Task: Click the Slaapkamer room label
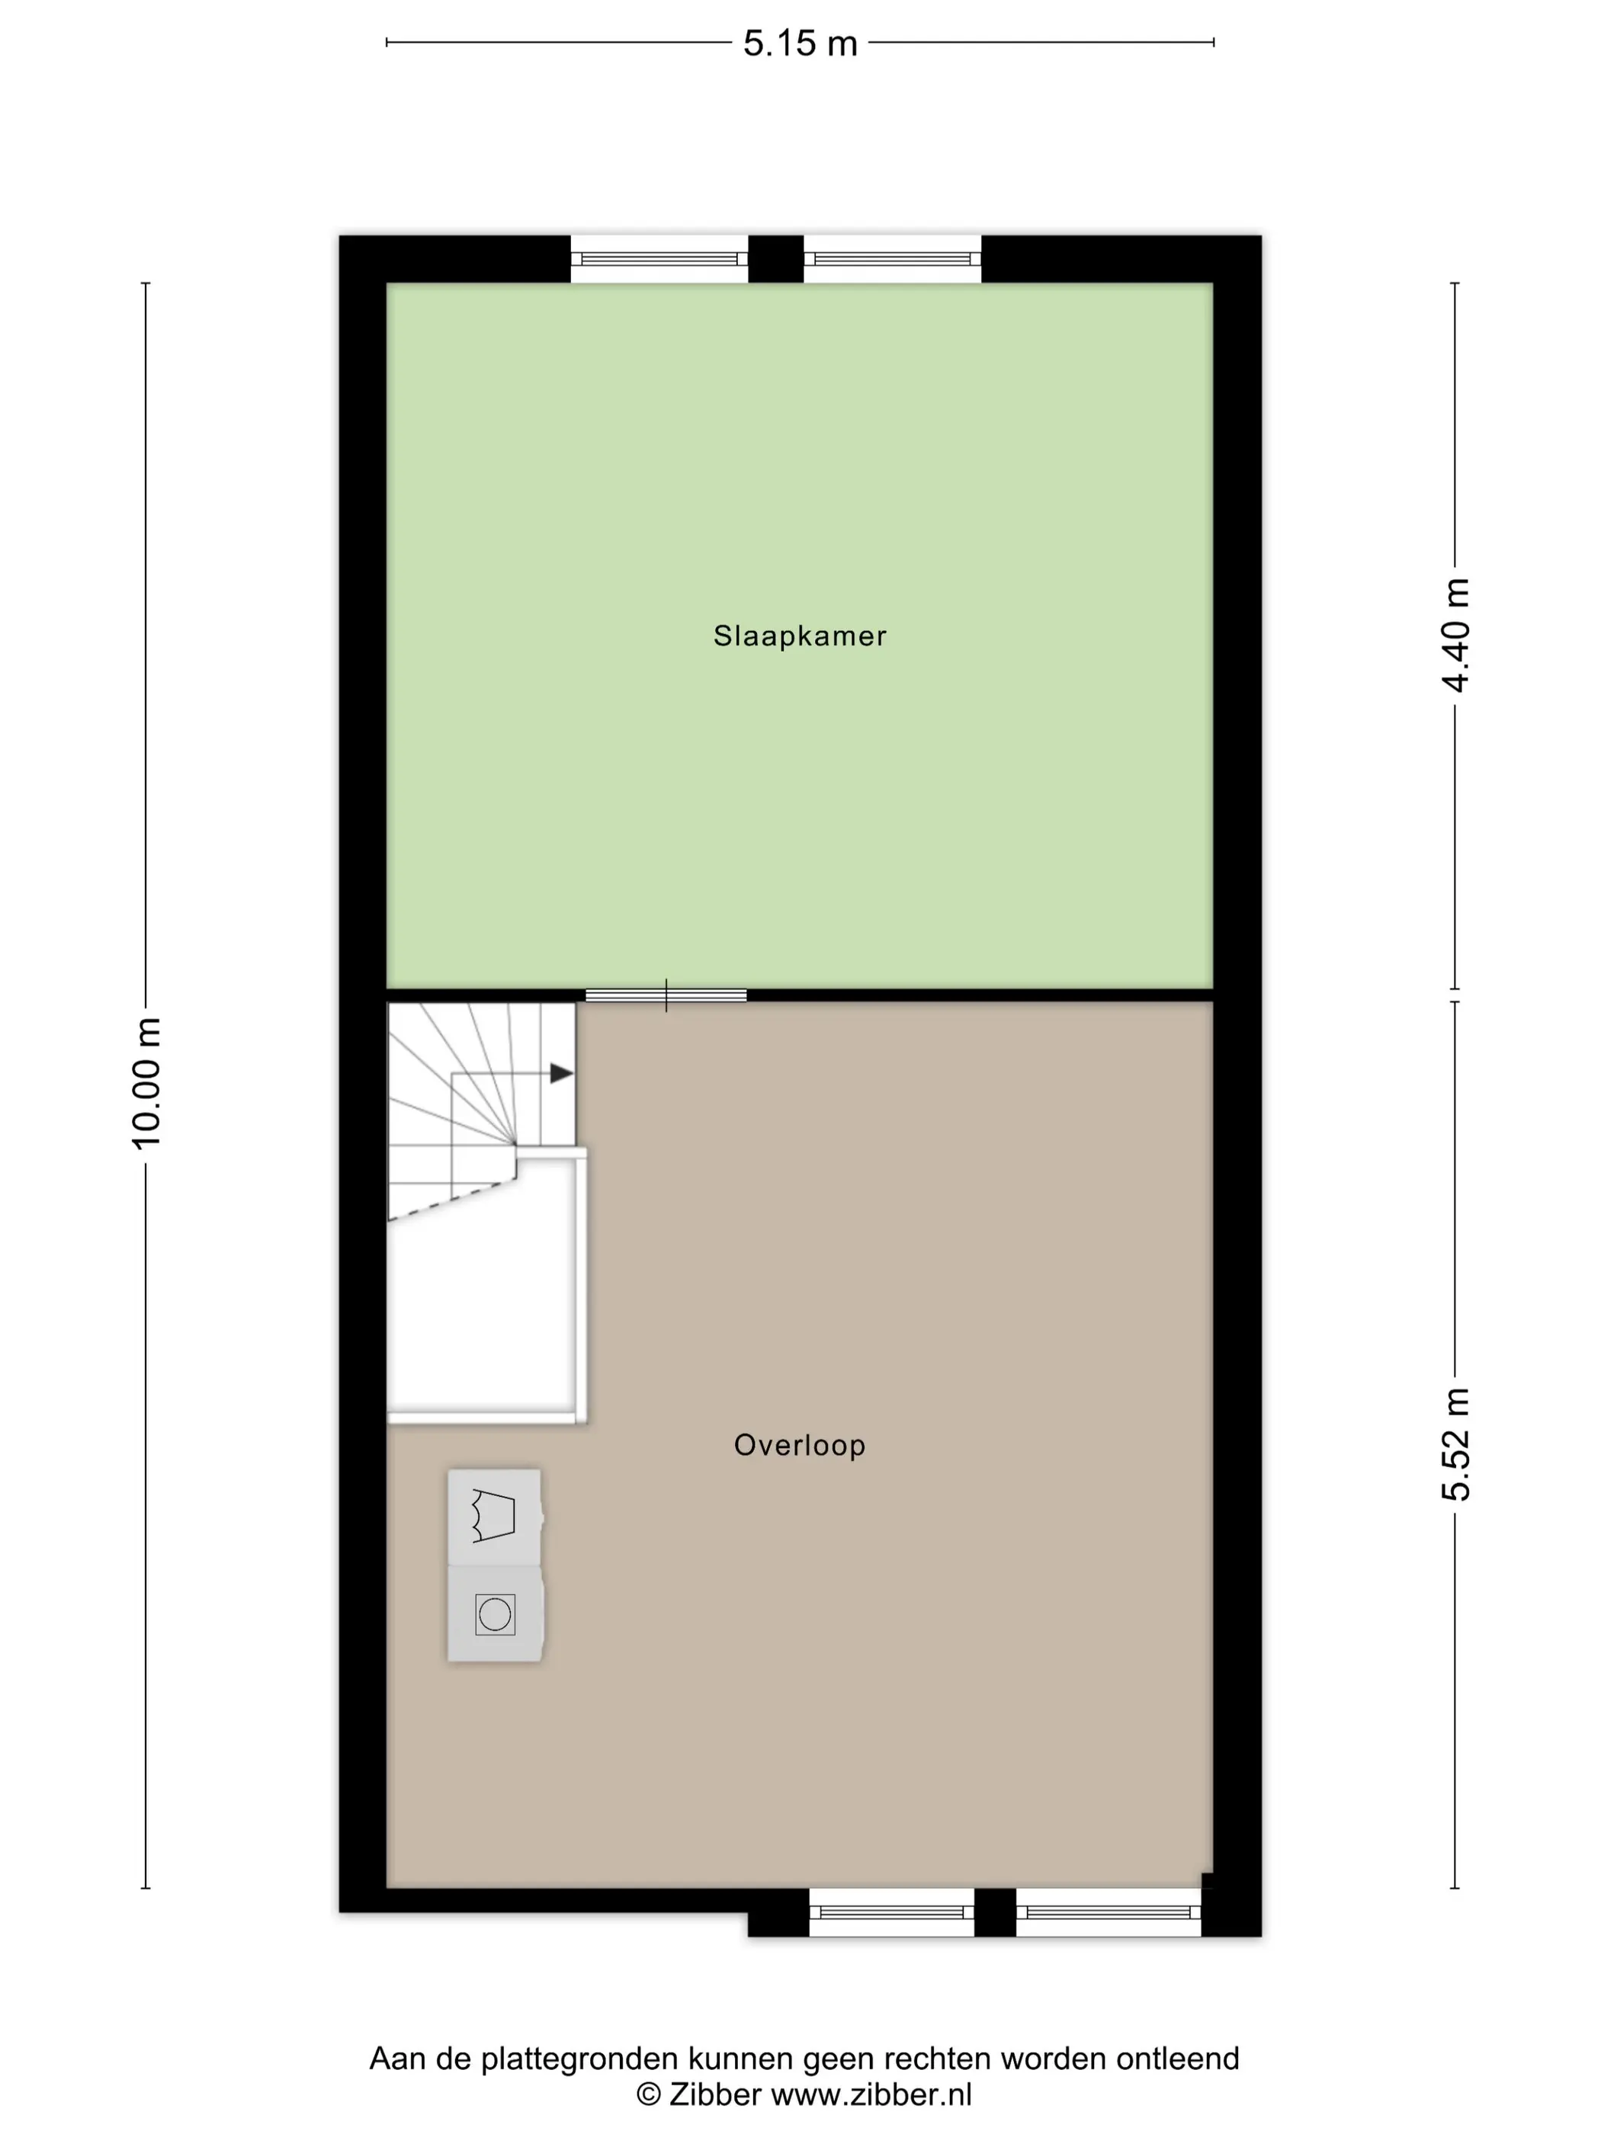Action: click(799, 636)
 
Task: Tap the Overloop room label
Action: click(799, 1444)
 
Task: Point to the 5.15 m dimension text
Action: click(800, 43)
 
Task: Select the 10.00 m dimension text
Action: click(146, 1082)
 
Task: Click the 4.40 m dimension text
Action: click(1455, 636)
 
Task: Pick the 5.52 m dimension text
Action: click(1455, 1444)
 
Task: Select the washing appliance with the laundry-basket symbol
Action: click(495, 1517)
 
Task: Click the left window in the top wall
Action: click(659, 258)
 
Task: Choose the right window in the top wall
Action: click(893, 258)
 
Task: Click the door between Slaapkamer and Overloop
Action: click(666, 995)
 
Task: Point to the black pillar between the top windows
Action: click(776, 258)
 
